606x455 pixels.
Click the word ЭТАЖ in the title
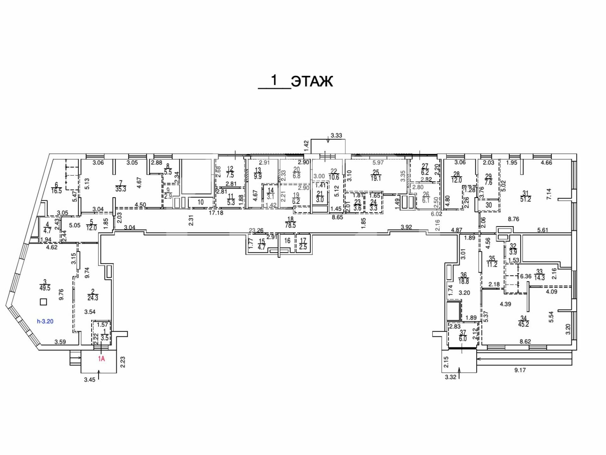pyautogui.click(x=312, y=82)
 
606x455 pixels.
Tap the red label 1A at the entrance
pyautogui.click(x=101, y=359)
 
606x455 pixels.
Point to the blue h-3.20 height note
pyautogui.click(x=45, y=322)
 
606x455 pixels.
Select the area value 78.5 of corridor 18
pyautogui.click(x=290, y=225)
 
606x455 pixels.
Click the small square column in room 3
pyautogui.click(x=43, y=302)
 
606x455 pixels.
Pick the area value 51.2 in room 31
pyautogui.click(x=525, y=199)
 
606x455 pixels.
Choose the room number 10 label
pyautogui.click(x=201, y=202)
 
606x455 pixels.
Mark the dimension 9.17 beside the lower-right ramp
pyautogui.click(x=520, y=370)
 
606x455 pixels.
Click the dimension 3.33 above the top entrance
pyautogui.click(x=336, y=136)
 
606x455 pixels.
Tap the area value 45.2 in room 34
pyautogui.click(x=523, y=324)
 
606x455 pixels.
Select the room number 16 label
pyautogui.click(x=287, y=241)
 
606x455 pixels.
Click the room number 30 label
pyautogui.click(x=489, y=205)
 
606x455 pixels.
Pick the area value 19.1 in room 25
pyautogui.click(x=376, y=178)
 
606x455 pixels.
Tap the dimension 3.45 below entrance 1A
pyautogui.click(x=89, y=380)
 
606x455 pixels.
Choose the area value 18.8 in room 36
pyautogui.click(x=463, y=281)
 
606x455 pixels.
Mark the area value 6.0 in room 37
pyautogui.click(x=463, y=338)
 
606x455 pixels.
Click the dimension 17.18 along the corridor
pyautogui.click(x=216, y=213)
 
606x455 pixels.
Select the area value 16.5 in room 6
pyautogui.click(x=56, y=191)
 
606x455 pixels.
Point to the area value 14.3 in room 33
pyautogui.click(x=539, y=278)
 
